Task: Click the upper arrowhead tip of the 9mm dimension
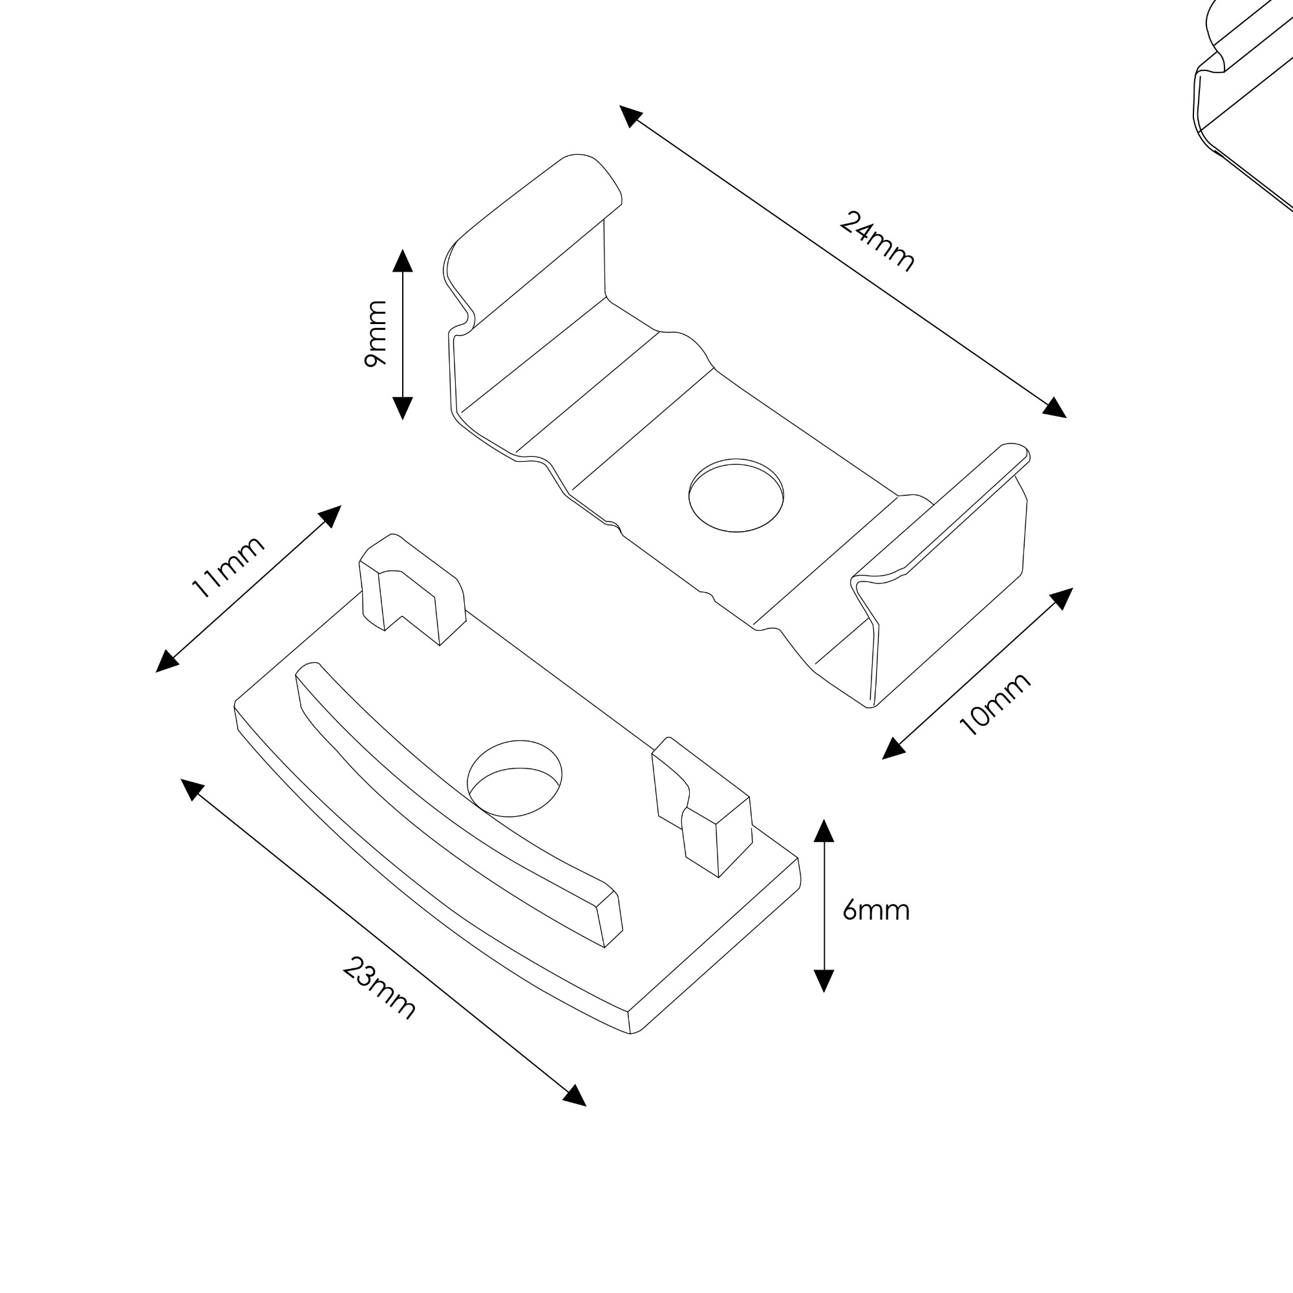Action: pos(402,250)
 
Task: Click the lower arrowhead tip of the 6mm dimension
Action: pos(824,992)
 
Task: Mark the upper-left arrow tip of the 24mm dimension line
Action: pos(620,106)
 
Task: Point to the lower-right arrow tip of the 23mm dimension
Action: pos(586,1105)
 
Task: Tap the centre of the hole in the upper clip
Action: pos(736,495)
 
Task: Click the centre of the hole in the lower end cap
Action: pos(515,779)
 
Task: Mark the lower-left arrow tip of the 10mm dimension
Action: pos(882,759)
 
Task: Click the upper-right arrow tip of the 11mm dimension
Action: pos(341,506)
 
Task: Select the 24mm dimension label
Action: pos(876,242)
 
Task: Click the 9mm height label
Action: pos(376,334)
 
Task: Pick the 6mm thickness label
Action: pos(876,911)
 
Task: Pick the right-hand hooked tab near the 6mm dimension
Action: pos(702,807)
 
